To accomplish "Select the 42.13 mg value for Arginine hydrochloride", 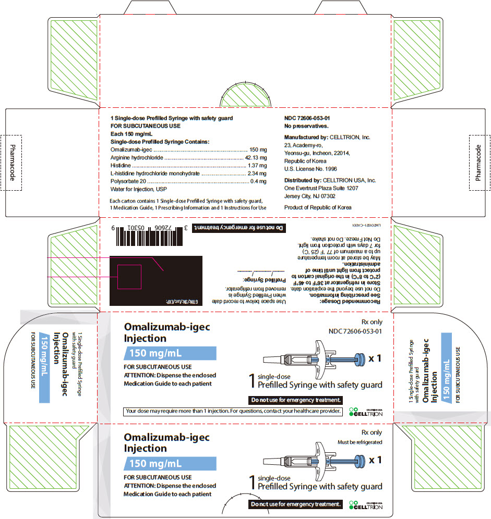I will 256,157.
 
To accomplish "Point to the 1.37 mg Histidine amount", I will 257,165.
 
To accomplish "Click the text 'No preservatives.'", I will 306,127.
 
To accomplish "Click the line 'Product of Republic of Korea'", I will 317,207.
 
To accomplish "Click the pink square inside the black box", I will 129,276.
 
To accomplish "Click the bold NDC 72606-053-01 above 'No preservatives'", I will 307,118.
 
